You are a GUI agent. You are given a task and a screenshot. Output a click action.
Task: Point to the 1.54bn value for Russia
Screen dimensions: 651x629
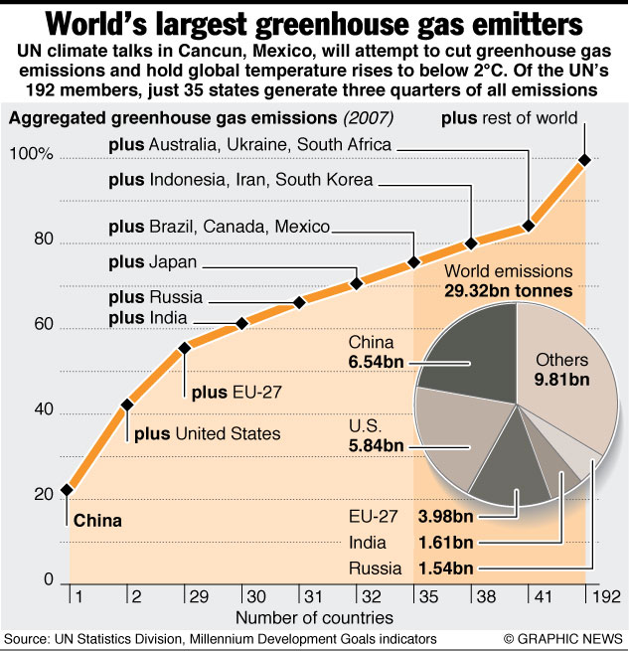(x=445, y=570)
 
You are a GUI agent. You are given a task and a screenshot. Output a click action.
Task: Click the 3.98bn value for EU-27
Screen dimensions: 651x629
(x=445, y=517)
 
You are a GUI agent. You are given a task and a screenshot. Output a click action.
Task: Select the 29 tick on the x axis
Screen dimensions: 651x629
(x=185, y=600)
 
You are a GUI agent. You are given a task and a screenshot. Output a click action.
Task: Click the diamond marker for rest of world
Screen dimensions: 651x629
(x=584, y=159)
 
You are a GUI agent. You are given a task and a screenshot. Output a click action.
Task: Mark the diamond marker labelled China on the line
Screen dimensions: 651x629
(x=67, y=489)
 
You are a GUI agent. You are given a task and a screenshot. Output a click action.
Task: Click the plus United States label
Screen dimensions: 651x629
(x=207, y=433)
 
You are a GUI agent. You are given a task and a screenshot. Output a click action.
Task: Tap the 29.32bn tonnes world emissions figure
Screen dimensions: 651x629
(x=508, y=291)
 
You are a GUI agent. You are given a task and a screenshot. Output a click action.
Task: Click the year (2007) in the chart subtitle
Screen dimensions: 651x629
(x=369, y=118)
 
